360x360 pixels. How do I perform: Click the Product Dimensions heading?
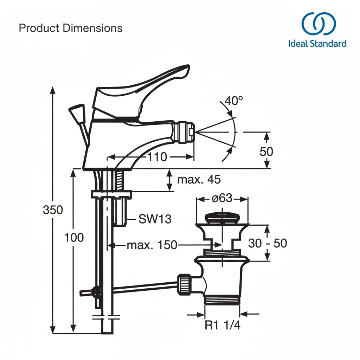[71, 28]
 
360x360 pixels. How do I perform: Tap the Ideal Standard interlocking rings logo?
[318, 24]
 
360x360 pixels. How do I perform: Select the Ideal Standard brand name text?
[317, 44]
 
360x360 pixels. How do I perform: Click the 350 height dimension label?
[53, 210]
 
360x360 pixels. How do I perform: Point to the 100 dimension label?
[74, 238]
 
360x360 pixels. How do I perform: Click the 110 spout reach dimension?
[157, 157]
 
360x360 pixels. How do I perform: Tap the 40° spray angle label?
[234, 101]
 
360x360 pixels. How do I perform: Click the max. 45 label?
[199, 180]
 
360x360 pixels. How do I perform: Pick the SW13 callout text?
[155, 219]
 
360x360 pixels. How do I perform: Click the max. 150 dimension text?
[152, 245]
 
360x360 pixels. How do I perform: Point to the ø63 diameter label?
[222, 198]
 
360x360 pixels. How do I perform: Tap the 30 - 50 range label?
[268, 243]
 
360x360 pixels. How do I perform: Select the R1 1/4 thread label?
[223, 325]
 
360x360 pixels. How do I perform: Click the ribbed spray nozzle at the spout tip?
[184, 133]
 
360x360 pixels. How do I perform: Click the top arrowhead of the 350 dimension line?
[53, 90]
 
